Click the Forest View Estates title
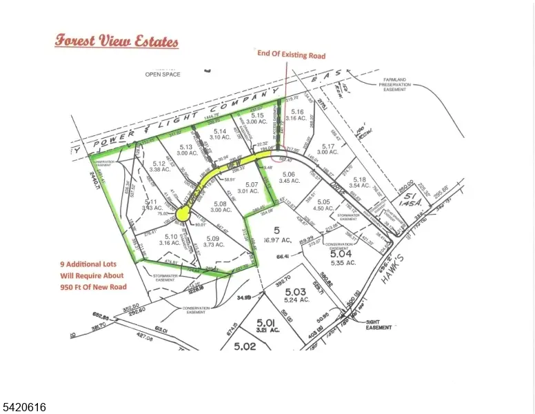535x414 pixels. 117,41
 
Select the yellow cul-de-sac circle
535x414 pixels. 182,215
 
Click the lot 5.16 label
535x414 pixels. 297,111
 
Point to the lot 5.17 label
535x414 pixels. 327,146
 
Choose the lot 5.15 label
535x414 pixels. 257,115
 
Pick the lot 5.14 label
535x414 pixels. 220,131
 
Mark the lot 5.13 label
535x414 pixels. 185,146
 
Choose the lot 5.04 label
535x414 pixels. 343,254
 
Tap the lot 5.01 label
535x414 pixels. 265,322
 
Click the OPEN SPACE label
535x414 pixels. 162,74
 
